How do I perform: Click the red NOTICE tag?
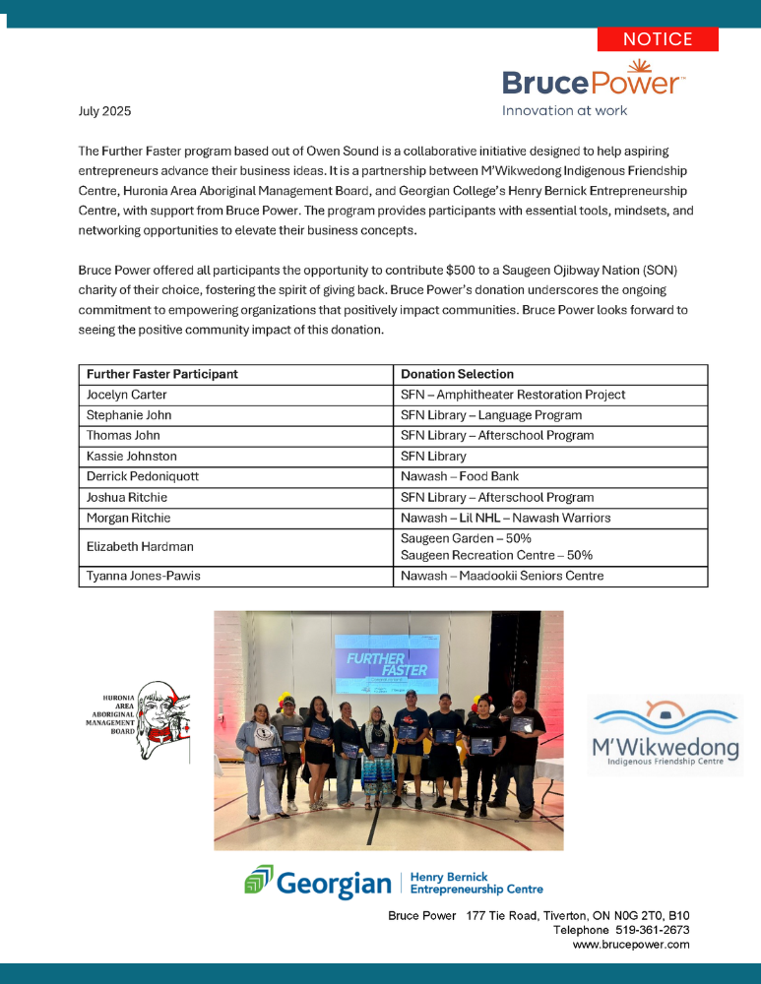point(658,39)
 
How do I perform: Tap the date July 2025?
point(104,112)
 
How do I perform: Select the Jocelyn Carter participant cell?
point(128,395)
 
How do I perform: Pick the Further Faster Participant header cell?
point(162,374)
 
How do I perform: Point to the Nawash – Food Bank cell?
point(449,477)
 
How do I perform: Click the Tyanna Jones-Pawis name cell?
point(144,576)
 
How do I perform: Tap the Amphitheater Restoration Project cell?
point(512,395)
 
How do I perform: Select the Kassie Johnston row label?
point(131,457)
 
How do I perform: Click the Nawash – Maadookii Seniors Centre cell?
point(502,576)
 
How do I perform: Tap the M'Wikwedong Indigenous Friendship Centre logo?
point(666,734)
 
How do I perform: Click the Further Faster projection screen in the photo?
point(387,663)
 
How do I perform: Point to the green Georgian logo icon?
point(258,880)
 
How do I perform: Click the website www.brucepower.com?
point(631,944)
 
